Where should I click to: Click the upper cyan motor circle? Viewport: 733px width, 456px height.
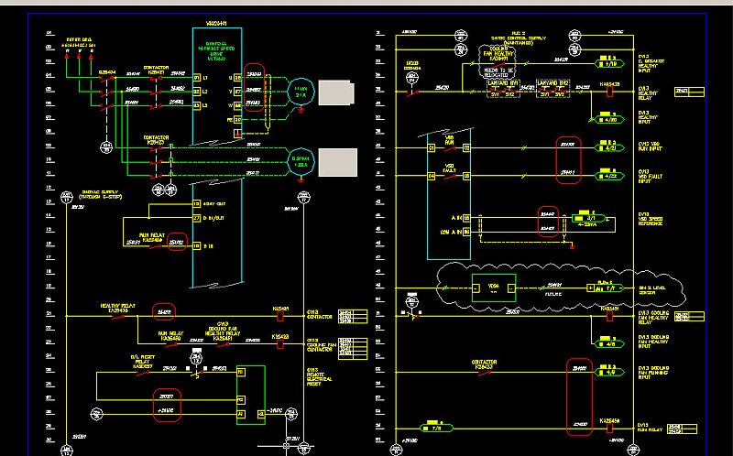299,92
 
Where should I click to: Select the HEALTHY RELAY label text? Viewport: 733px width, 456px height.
118,307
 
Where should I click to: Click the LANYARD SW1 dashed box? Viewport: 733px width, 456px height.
503,88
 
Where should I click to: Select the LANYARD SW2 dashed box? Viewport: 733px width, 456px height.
552,88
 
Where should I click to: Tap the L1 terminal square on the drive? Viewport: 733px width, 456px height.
235,78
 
